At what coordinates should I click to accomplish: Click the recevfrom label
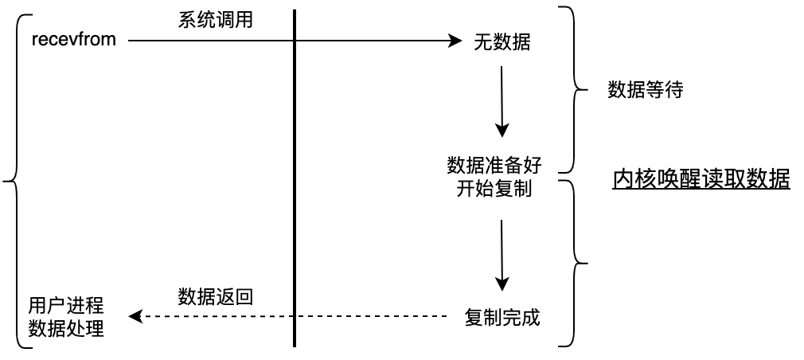[x=74, y=39]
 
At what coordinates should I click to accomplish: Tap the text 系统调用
[x=215, y=20]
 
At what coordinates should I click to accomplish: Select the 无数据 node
[x=502, y=44]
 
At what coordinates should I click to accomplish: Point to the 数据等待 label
[x=645, y=90]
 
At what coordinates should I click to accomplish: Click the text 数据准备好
[x=494, y=166]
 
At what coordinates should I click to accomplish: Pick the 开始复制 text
[x=494, y=190]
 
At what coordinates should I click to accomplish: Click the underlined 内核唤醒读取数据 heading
[x=701, y=180]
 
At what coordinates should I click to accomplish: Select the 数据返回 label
[x=215, y=298]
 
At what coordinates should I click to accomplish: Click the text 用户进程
[x=66, y=305]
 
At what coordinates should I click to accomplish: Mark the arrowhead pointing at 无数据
[x=457, y=39]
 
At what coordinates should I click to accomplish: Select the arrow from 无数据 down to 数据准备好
[x=502, y=100]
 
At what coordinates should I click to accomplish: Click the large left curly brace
[x=14, y=182]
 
